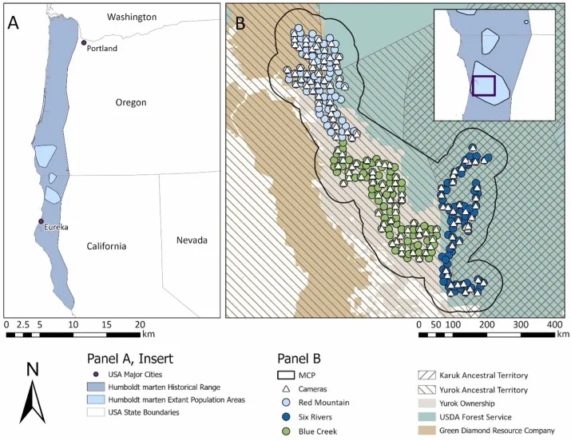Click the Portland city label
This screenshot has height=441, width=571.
tap(103, 49)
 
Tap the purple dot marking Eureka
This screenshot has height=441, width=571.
tap(42, 221)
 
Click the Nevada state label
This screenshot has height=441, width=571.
tap(192, 240)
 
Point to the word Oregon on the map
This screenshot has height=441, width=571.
tap(131, 103)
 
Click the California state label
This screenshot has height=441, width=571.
tap(107, 246)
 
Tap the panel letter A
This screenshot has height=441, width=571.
tap(14, 22)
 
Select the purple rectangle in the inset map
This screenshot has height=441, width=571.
tap(483, 85)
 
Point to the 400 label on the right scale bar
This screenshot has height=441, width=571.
tap(553, 324)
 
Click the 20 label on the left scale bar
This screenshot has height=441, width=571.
tap(141, 324)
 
